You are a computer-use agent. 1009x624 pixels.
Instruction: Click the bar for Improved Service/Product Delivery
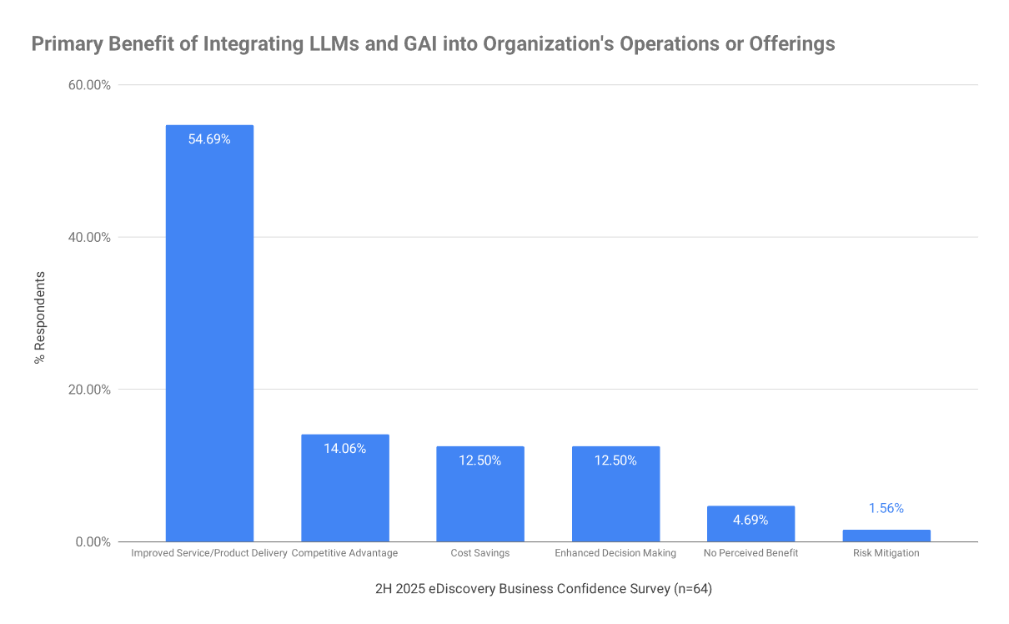tap(209, 334)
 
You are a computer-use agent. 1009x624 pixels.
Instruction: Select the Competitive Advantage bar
tap(344, 492)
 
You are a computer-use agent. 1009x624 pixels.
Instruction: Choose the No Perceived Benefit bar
tap(750, 526)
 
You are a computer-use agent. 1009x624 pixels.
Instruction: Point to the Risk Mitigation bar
tap(886, 536)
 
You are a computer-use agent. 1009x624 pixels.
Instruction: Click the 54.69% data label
tap(209, 139)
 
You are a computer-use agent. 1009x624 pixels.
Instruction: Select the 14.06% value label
tap(344, 448)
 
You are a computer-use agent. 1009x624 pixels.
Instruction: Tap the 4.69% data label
tap(750, 520)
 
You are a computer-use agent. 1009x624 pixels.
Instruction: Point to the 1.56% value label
tap(886, 508)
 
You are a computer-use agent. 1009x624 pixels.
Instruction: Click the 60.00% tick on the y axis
tap(87, 85)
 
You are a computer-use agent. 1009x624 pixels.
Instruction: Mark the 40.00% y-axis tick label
tap(87, 237)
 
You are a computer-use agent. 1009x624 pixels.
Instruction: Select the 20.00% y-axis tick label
tap(87, 390)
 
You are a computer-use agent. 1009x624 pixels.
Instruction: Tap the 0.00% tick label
tap(90, 542)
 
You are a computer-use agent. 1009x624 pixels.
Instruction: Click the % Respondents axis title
tap(39, 317)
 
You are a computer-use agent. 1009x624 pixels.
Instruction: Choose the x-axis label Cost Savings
tap(480, 553)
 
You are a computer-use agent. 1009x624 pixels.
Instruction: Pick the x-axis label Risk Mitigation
tap(886, 553)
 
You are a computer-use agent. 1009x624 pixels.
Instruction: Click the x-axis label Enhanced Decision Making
tap(615, 553)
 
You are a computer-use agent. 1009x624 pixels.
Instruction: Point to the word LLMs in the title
tap(339, 44)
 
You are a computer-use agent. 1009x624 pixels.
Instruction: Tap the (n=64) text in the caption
tap(692, 589)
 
